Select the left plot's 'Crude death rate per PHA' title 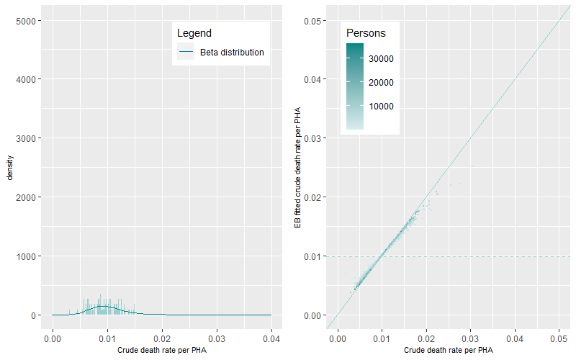coord(161,350)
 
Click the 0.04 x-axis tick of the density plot coord(271,337)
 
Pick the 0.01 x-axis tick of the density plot coord(107,337)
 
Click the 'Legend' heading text coord(194,33)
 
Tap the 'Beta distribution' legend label coord(232,53)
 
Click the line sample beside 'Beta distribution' coord(186,53)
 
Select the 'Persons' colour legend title coord(366,33)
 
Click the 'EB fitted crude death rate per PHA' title coord(297,167)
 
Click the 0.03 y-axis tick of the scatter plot coord(311,138)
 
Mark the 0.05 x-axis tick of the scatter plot coord(559,337)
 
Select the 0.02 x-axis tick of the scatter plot coord(426,337)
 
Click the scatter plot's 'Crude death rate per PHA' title coord(449,350)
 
